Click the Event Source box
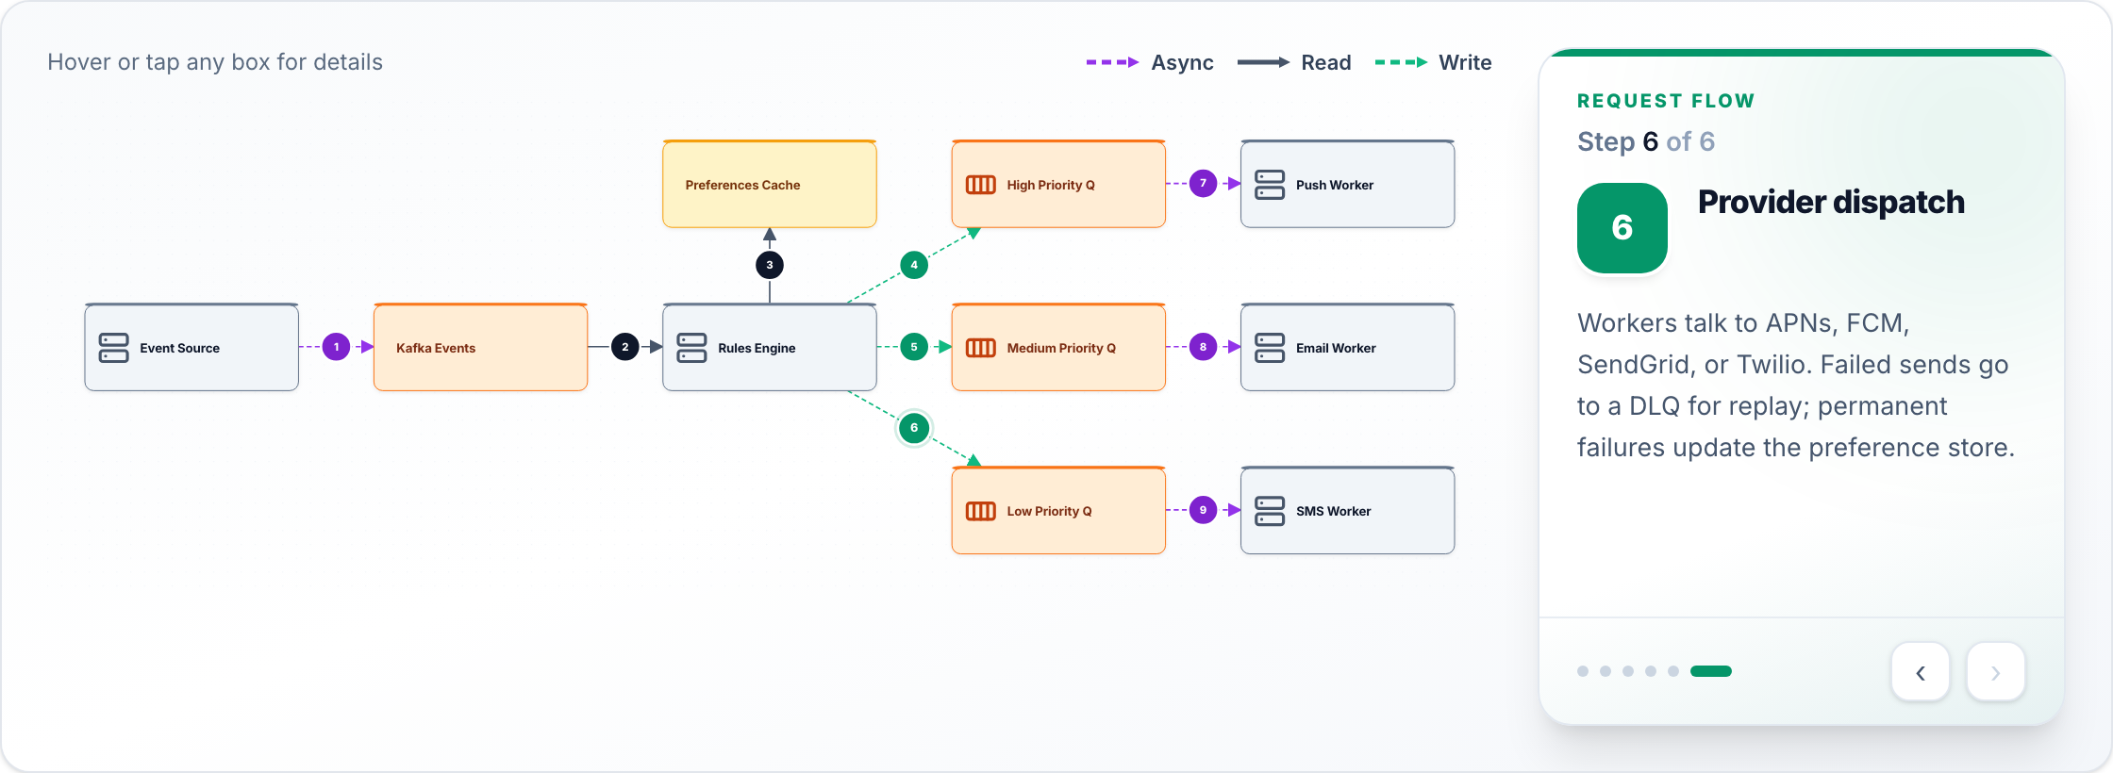[191, 347]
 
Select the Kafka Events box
[480, 347]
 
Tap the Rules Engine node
[770, 347]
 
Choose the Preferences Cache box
[770, 184]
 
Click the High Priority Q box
[1058, 184]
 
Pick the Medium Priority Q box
[1058, 347]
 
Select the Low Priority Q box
[1058, 510]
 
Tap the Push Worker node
[1347, 184]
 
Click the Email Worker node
[1347, 347]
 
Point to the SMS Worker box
[1347, 510]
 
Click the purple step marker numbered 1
[336, 347]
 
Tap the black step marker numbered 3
[770, 265]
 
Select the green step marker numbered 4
[914, 265]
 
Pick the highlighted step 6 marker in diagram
[914, 428]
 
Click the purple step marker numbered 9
[1203, 510]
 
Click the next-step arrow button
[1995, 672]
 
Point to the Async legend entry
[1150, 62]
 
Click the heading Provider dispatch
[1831, 203]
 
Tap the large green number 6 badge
[1622, 228]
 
